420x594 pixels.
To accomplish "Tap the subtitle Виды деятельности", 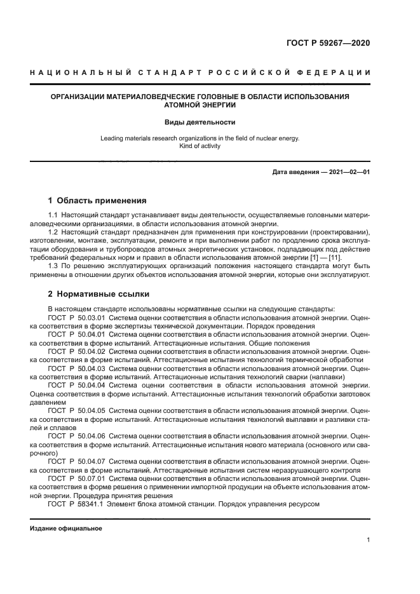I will [200, 122].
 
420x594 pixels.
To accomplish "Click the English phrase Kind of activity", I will [200, 146].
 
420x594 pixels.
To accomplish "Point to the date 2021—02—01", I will [348, 172].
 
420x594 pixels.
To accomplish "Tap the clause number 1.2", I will [53, 232].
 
